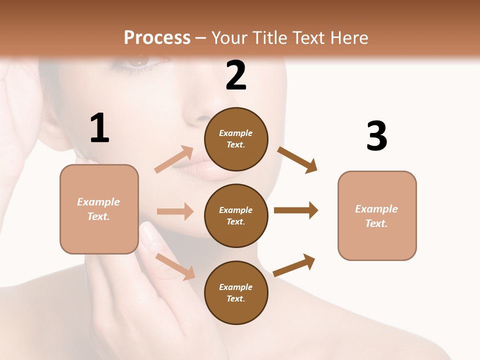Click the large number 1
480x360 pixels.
coord(99,128)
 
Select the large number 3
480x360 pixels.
coord(377,136)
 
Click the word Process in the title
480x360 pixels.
coord(157,37)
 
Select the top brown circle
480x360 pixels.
coord(236,139)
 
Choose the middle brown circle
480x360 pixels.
coord(236,215)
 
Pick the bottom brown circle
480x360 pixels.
coord(236,292)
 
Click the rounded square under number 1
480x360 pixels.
coord(99,209)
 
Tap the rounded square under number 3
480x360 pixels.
coord(377,215)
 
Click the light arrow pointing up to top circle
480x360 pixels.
coord(174,159)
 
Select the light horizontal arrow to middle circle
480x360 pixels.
coord(175,211)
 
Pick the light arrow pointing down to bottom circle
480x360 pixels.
coord(175,266)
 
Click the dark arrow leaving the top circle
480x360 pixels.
coord(297,159)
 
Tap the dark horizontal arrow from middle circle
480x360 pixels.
coord(296,210)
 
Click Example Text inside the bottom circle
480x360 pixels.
coord(236,292)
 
